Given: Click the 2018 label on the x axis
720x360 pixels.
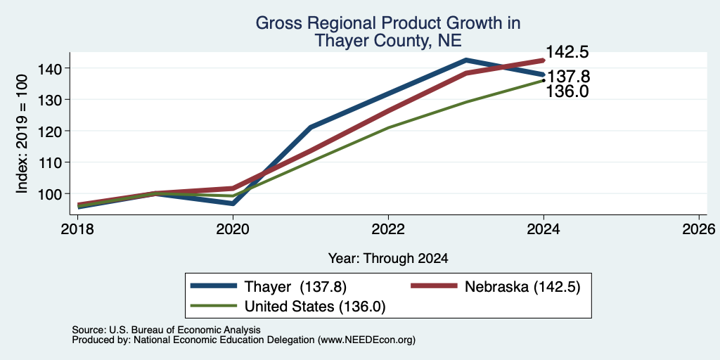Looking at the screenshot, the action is pyautogui.click(x=77, y=229).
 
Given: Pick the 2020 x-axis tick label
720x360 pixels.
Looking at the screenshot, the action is pyautogui.click(x=233, y=229).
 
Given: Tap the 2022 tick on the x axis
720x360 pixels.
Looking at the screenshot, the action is pyautogui.click(x=388, y=229).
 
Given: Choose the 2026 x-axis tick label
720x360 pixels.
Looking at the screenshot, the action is pyautogui.click(x=699, y=229).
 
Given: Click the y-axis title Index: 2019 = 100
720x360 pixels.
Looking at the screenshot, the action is pyautogui.click(x=22, y=134).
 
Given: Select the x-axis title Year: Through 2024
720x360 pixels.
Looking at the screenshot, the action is pyautogui.click(x=388, y=259).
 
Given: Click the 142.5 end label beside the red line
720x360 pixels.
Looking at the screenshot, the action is pyautogui.click(x=567, y=52).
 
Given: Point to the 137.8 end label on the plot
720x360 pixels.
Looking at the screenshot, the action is pyautogui.click(x=568, y=77).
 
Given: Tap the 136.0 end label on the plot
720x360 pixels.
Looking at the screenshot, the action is pyautogui.click(x=567, y=91).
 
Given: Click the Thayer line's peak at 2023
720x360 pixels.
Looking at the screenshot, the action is pyautogui.click(x=466, y=60).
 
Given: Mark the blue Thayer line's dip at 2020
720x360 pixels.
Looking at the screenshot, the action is pyautogui.click(x=233, y=203).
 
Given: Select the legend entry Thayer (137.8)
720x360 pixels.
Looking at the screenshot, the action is pyautogui.click(x=269, y=287).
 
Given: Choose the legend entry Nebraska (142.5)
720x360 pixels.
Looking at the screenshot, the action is pyautogui.click(x=496, y=287).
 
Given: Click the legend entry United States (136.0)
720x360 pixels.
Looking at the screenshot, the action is pyautogui.click(x=288, y=307).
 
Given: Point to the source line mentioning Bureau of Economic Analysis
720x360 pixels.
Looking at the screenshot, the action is pyautogui.click(x=166, y=330).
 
